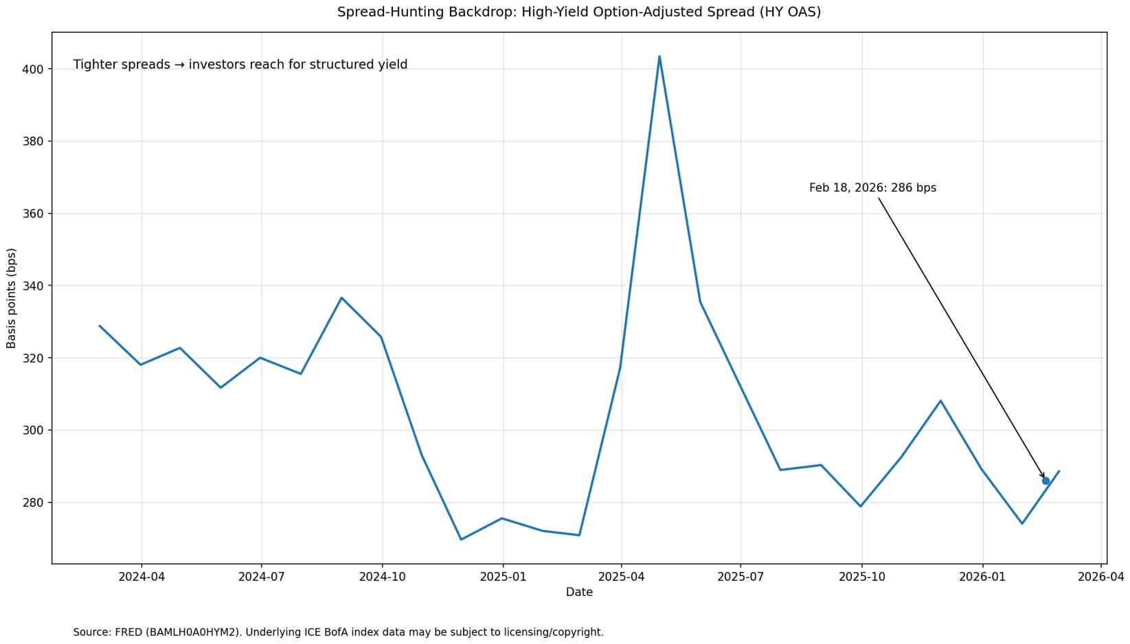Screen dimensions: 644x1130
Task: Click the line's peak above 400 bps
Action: point(659,56)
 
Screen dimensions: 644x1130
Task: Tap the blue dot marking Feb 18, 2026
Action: point(1046,481)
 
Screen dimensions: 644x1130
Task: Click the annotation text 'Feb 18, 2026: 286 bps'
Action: point(872,187)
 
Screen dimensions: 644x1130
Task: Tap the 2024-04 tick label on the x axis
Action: point(142,577)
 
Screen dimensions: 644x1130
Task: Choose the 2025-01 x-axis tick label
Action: point(503,577)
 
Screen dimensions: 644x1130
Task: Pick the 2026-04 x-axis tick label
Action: point(1101,577)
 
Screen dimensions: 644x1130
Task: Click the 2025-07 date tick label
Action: point(741,577)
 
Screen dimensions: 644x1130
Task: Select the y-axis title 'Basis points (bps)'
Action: point(11,298)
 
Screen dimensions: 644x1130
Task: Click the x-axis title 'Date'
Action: point(579,592)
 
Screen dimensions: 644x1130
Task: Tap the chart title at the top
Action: point(579,12)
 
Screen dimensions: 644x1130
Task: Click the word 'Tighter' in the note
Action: point(94,65)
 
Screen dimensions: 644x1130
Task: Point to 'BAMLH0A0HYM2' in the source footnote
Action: point(190,632)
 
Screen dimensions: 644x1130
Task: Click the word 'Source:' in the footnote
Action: point(93,632)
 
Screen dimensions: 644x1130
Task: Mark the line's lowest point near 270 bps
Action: point(461,540)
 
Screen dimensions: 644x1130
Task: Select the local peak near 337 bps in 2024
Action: point(341,297)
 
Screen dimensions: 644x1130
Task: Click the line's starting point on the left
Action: point(100,325)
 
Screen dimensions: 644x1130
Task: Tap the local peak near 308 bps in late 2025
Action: point(940,400)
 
